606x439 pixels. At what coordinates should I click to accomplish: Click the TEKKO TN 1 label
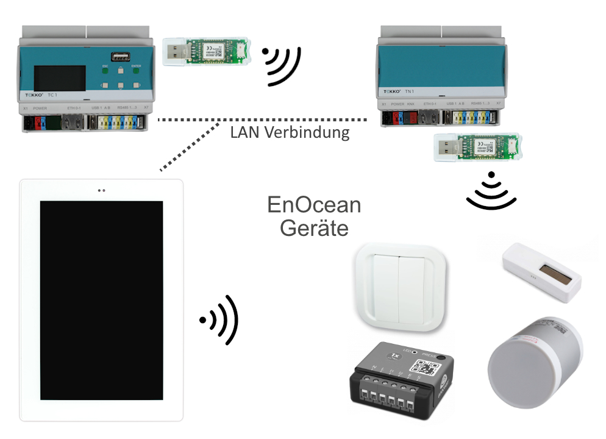(399, 91)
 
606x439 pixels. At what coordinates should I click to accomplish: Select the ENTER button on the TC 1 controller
(135, 71)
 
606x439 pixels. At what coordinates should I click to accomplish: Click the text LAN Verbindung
(290, 132)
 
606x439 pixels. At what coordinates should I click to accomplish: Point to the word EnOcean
(314, 205)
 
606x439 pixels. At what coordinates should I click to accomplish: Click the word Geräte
(314, 228)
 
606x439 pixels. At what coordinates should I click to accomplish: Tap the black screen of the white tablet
(101, 300)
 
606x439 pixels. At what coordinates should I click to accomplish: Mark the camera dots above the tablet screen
(101, 190)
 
